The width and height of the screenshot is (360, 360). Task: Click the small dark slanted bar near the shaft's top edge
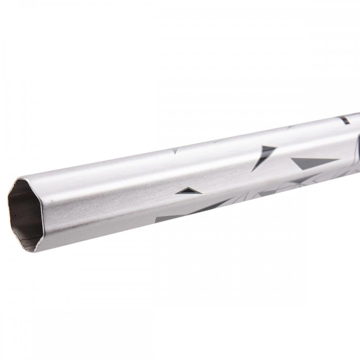345,120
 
